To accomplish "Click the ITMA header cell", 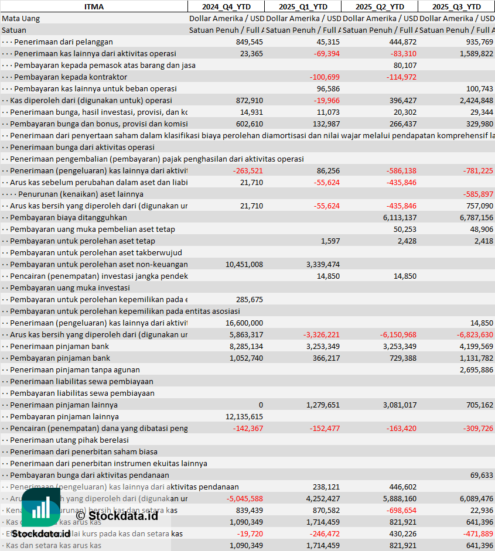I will pos(94,6).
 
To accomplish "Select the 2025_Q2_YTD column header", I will pos(380,6).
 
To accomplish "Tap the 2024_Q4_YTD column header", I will pos(226,6).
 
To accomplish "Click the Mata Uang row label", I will pos(21,18).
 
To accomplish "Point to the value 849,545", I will pos(249,42).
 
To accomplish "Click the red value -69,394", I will pos(326,53).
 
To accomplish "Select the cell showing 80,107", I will pos(405,65).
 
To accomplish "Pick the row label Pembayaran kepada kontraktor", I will pos(70,77).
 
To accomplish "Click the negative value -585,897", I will pos(478,194).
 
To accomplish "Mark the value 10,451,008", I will pos(244,264).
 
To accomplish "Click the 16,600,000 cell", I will pos(244,323).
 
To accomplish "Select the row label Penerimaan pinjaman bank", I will pos(59,346).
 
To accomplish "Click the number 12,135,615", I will pos(244,416).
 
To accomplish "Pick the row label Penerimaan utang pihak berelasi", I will pos(69,440).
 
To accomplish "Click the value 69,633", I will pos(482,475).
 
